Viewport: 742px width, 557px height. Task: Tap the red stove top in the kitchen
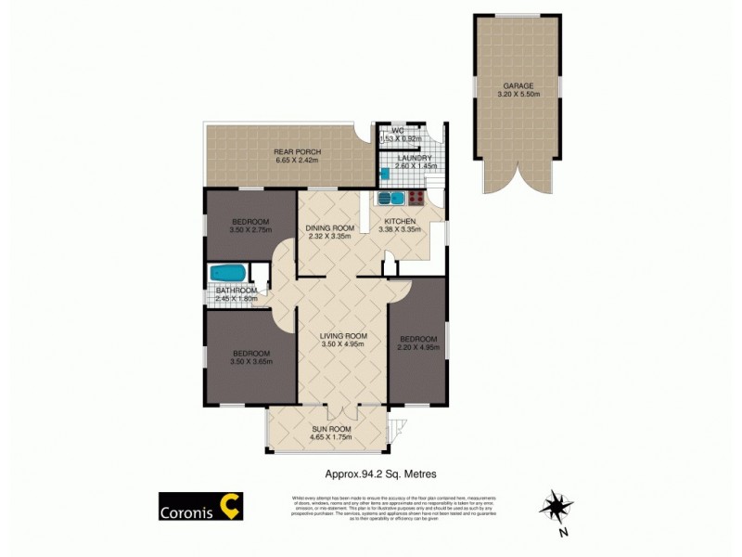(416, 197)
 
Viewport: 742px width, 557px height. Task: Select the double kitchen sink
(390, 197)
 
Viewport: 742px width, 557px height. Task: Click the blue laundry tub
(384, 173)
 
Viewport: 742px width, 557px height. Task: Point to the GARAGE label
(517, 85)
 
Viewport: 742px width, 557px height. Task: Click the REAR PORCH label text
(296, 151)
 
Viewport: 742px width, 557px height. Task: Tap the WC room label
(396, 130)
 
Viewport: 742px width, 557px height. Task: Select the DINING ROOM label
(331, 228)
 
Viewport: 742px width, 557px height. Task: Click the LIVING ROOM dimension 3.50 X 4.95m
(343, 344)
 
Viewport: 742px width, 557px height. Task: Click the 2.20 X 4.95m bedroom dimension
(416, 349)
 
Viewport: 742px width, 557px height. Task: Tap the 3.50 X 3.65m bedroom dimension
(251, 362)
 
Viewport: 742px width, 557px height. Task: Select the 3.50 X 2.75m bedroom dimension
(250, 229)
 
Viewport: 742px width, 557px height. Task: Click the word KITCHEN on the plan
(399, 221)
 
